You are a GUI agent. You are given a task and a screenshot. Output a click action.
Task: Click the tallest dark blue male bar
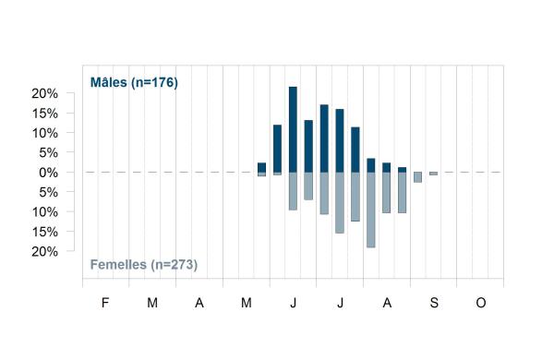point(293,129)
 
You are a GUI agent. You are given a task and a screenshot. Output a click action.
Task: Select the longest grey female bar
point(370,210)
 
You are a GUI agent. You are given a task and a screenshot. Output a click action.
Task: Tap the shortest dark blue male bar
point(402,170)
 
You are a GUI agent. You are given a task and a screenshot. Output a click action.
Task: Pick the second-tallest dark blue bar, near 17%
point(324,138)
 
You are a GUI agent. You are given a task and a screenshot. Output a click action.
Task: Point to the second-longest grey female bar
point(340,203)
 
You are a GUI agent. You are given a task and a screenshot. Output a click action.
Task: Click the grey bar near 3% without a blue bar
point(417,177)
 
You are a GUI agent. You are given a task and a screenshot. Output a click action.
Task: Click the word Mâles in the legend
point(109,82)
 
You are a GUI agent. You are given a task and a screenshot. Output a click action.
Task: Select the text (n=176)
point(155,83)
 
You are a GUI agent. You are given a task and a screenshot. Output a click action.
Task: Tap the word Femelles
point(118,264)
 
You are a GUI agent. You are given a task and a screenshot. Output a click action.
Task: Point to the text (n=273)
point(175,265)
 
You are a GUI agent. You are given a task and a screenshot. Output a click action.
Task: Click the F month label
point(105,303)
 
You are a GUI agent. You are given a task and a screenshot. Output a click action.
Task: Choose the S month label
point(434,303)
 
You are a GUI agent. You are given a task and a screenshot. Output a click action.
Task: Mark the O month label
point(481,303)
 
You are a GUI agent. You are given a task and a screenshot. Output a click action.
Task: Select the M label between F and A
point(152,303)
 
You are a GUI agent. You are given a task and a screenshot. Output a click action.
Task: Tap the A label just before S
point(387,303)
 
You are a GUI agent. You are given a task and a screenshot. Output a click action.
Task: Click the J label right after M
point(294,303)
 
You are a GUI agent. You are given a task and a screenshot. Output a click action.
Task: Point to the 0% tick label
point(48,173)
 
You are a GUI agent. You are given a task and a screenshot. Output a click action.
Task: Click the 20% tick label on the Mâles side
point(44,93)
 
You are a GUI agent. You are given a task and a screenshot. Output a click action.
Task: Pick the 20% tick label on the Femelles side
point(44,252)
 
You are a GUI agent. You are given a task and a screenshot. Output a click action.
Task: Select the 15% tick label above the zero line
point(44,114)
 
